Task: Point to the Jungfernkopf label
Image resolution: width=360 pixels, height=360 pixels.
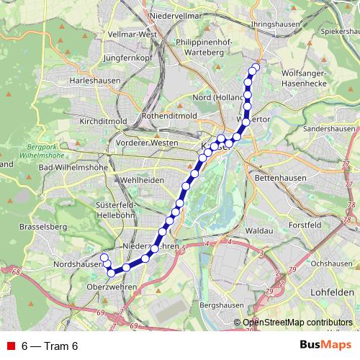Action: [129, 57]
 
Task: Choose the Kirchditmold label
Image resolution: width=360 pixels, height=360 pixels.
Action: [104, 120]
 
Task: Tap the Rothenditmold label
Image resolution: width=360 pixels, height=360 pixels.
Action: [169, 115]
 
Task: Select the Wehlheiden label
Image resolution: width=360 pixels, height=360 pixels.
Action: [139, 179]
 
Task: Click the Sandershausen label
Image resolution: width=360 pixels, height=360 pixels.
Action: [330, 128]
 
